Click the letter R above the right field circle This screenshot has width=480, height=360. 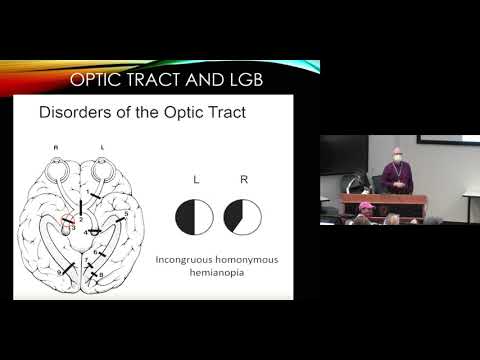click(x=242, y=179)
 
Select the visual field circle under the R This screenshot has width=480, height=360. click(x=242, y=216)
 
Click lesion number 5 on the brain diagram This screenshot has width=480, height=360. click(x=125, y=213)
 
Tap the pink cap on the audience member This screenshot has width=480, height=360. click(x=364, y=207)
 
